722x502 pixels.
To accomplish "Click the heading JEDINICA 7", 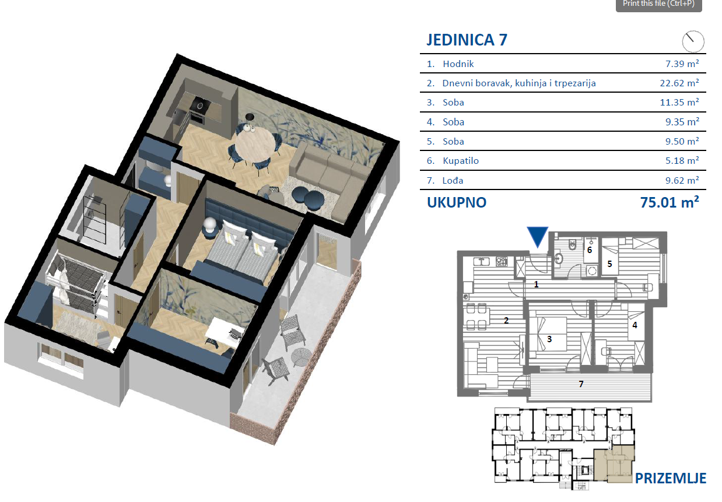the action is click(467, 40).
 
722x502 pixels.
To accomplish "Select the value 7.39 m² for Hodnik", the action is click(682, 64).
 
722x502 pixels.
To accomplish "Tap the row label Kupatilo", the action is click(461, 160).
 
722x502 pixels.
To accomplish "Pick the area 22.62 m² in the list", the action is click(679, 83).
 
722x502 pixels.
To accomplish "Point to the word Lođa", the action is click(453, 180).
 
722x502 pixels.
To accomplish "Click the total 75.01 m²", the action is click(670, 202).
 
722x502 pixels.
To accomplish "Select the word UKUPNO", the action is click(457, 202).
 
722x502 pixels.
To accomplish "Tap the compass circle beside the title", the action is click(693, 41).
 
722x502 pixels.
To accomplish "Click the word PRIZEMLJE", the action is click(671, 478).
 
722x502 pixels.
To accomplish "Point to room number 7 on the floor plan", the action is click(581, 384).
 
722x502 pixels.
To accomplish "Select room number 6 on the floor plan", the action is click(590, 250).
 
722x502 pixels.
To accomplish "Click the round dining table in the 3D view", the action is click(255, 146).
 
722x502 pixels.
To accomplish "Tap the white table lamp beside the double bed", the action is click(211, 224).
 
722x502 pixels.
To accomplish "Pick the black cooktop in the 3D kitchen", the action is click(200, 105).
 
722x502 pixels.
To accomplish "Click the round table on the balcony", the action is click(301, 357).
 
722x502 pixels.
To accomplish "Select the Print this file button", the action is click(658, 5).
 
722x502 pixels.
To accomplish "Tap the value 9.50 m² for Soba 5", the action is click(682, 141).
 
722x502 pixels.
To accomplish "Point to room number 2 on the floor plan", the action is click(506, 320).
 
